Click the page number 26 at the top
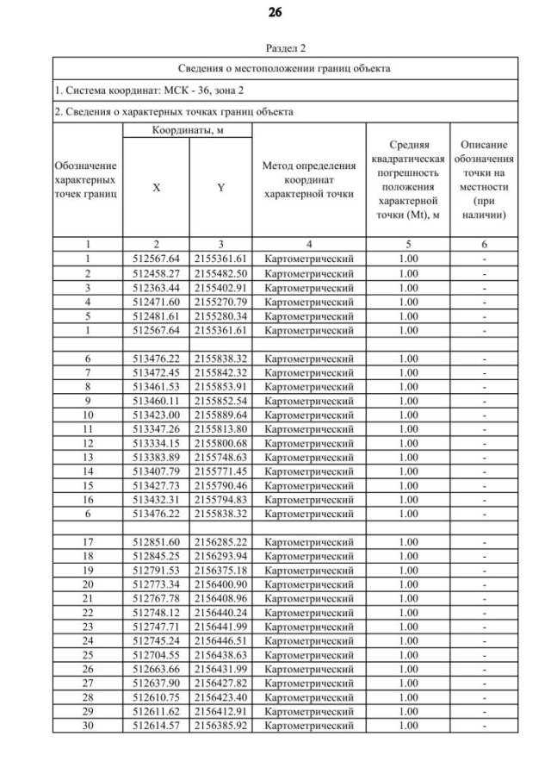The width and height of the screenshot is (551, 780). click(275, 13)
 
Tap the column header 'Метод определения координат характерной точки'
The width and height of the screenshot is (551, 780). click(308, 179)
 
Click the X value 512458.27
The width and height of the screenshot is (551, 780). click(156, 273)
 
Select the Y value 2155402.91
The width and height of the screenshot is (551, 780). click(220, 287)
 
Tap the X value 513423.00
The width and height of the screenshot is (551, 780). click(156, 415)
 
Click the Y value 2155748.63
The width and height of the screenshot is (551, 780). click(220, 457)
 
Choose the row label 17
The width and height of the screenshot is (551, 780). click(88, 541)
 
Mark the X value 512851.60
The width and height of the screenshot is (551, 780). click(156, 541)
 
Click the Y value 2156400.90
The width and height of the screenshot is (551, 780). click(220, 584)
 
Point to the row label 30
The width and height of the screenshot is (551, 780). click(88, 726)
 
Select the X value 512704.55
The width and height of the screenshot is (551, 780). click(156, 655)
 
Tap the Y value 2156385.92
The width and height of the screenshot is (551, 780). click(220, 726)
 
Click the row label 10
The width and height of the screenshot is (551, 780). click(88, 415)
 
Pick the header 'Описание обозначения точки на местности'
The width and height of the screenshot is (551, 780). click(487, 179)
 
